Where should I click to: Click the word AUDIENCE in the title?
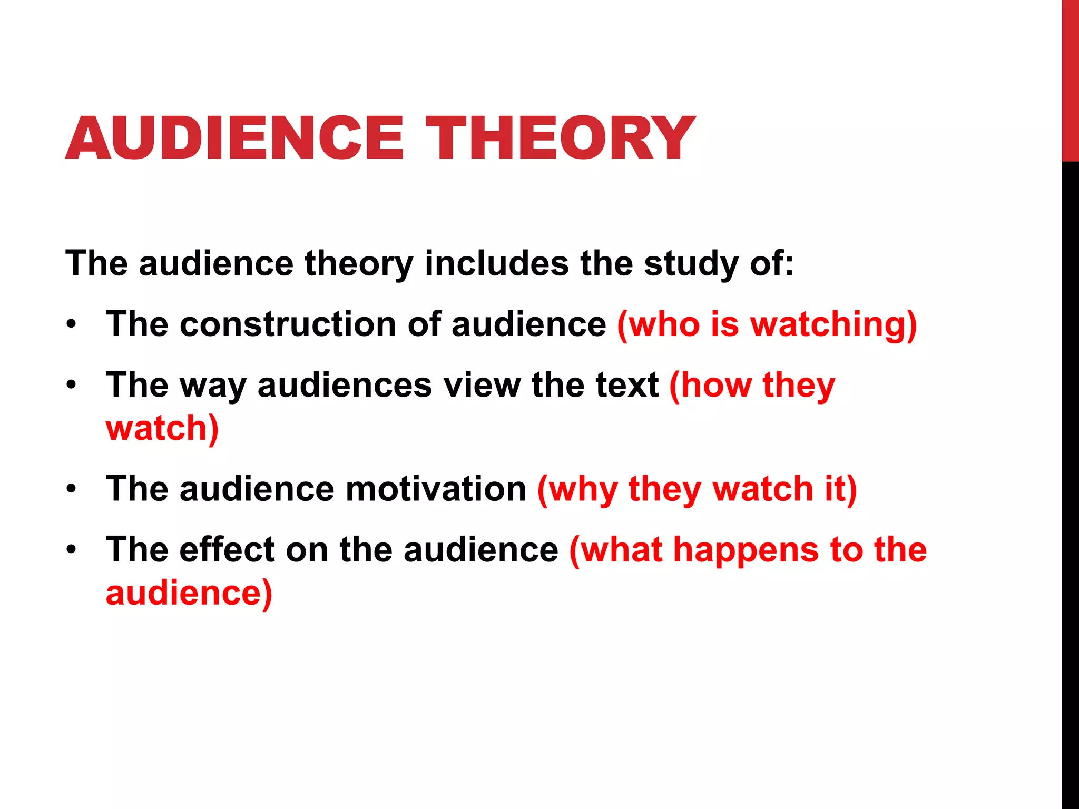(x=235, y=138)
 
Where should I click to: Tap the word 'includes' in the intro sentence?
(x=496, y=263)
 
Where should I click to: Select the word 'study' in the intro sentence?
(x=690, y=264)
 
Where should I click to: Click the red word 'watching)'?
(x=833, y=324)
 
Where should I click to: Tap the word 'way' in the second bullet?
(x=213, y=386)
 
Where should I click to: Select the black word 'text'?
(x=626, y=384)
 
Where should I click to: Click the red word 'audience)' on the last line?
(x=189, y=593)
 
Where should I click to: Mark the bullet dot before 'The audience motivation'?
(x=72, y=489)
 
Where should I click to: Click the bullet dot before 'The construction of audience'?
(x=72, y=324)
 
